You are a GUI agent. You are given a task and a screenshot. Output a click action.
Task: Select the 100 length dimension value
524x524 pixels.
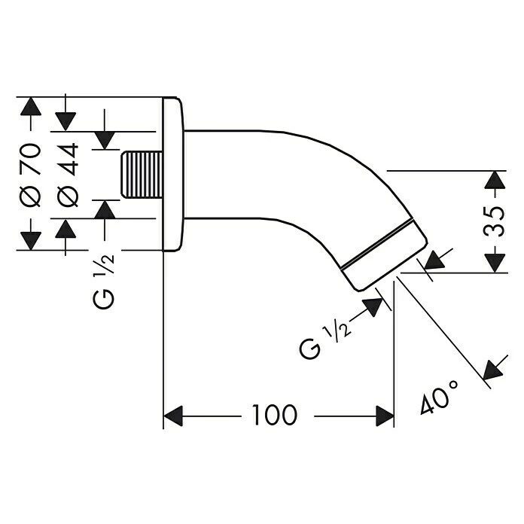tap(274, 414)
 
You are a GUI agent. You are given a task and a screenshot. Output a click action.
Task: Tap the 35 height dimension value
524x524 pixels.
tap(494, 222)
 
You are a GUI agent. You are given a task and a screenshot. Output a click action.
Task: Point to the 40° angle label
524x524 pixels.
tap(440, 397)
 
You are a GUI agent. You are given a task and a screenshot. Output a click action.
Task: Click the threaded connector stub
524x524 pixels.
tap(142, 175)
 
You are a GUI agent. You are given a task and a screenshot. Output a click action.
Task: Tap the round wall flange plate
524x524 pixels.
tap(174, 173)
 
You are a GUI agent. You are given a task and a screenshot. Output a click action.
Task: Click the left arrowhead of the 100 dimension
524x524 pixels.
tap(174, 415)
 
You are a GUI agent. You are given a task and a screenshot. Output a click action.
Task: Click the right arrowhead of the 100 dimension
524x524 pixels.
tap(384, 415)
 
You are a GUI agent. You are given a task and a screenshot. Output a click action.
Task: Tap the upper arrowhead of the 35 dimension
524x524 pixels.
tap(494, 180)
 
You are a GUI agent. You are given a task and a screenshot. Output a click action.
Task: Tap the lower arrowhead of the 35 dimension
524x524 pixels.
tap(494, 263)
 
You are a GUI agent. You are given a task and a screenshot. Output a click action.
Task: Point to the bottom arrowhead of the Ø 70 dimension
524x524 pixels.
tap(30, 240)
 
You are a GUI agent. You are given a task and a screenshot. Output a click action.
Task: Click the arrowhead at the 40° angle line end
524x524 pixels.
tap(492, 370)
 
